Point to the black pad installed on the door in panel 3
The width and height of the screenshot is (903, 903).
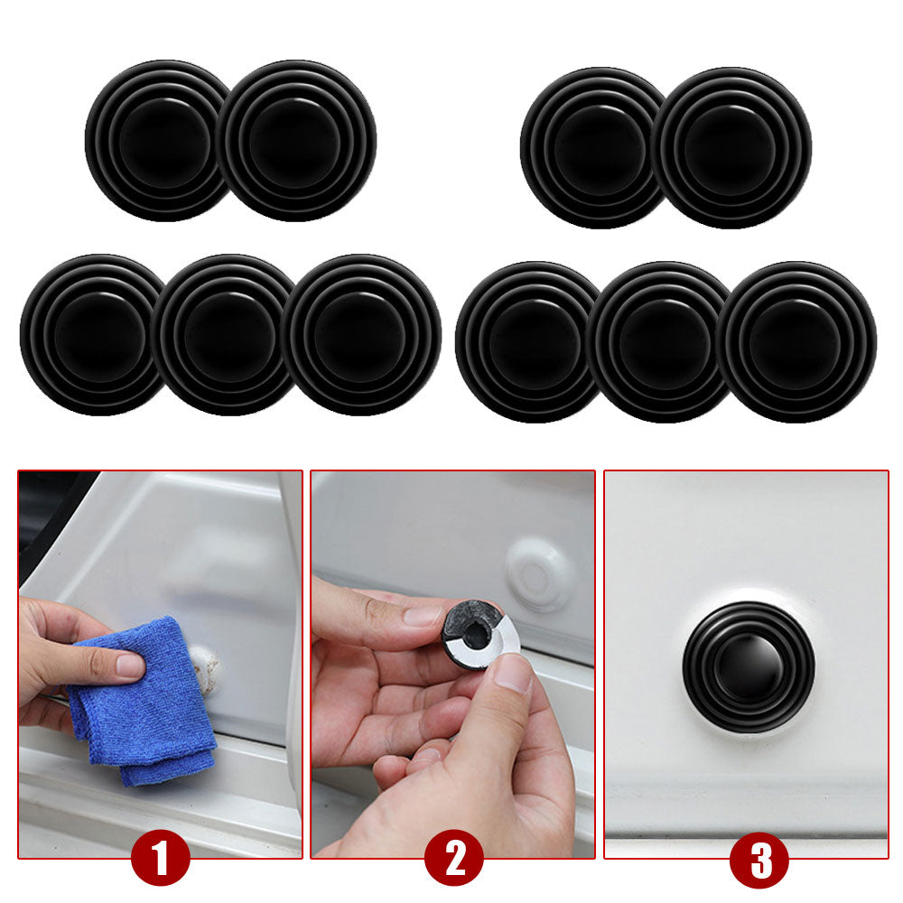click(749, 667)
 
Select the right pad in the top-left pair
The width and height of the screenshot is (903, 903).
click(296, 141)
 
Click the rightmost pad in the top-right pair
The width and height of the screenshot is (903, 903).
click(731, 147)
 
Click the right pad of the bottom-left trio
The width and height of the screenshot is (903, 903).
click(361, 335)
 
